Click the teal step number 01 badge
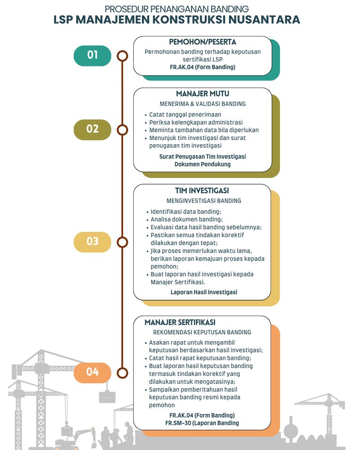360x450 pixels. (x=92, y=55)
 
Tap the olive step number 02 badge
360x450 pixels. (x=92, y=129)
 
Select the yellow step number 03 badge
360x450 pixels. (x=92, y=242)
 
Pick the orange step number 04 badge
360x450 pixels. (x=92, y=372)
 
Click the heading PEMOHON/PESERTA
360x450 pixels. (x=202, y=42)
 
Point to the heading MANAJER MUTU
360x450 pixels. (x=202, y=94)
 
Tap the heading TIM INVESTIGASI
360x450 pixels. (x=202, y=191)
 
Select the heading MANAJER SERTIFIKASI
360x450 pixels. (x=180, y=323)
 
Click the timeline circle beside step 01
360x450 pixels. (x=122, y=56)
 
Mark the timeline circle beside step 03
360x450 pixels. (x=122, y=242)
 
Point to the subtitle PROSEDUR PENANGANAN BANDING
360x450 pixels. (x=180, y=8)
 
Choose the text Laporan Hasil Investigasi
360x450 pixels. (x=204, y=292)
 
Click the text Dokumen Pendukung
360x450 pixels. (x=202, y=164)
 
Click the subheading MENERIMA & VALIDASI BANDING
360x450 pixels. (x=202, y=103)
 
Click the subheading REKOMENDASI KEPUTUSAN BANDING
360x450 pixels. (x=202, y=333)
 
